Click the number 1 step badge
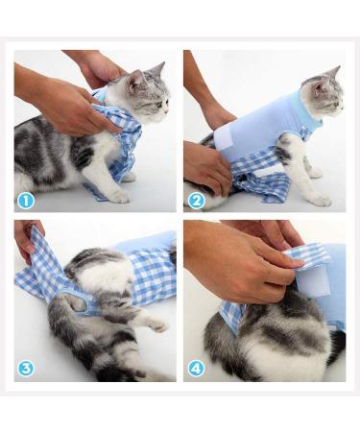(x=26, y=201)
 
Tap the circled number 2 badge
(x=196, y=201)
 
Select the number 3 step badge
(x=26, y=369)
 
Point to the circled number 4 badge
(x=196, y=369)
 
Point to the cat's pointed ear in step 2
(x=333, y=73)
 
